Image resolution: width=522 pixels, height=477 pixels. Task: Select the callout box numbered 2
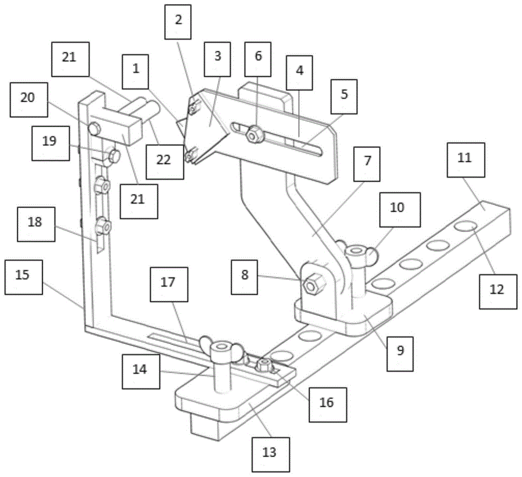coord(178,20)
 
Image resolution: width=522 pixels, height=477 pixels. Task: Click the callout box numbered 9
coord(400,350)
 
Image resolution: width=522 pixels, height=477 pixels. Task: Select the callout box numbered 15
coord(22,274)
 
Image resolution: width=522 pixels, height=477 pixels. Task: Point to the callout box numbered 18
coord(35,222)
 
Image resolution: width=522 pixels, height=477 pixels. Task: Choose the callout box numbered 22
coord(163,161)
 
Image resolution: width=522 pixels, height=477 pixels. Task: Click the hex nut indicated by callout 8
coord(312,285)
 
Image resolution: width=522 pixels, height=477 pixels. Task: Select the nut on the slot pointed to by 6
coord(255,135)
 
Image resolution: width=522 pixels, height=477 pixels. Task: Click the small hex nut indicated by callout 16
coord(264,366)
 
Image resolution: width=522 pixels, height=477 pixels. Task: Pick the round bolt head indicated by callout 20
coord(94,128)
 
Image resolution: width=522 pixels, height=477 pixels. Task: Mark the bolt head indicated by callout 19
coord(114,155)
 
